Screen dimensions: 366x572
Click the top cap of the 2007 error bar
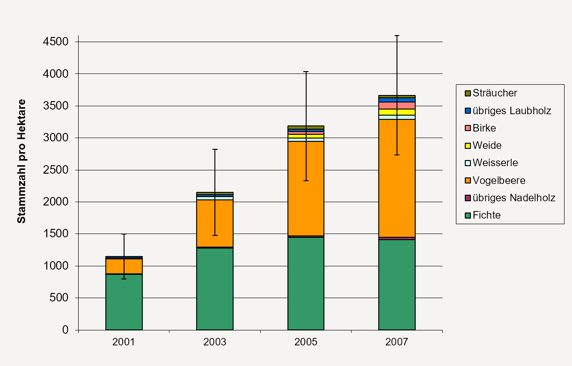396,36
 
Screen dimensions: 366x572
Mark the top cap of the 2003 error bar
215,149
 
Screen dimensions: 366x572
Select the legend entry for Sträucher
494,93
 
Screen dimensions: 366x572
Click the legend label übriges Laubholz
512,111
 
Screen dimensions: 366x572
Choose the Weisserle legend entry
495,163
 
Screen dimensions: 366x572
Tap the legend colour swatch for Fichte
468,215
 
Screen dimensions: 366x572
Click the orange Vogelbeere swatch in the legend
468,181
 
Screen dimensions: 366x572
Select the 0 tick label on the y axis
66,330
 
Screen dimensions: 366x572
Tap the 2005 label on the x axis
306,342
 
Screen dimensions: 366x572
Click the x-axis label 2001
124,342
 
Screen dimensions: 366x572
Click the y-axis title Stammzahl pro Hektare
22,161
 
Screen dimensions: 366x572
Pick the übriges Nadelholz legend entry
513,198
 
